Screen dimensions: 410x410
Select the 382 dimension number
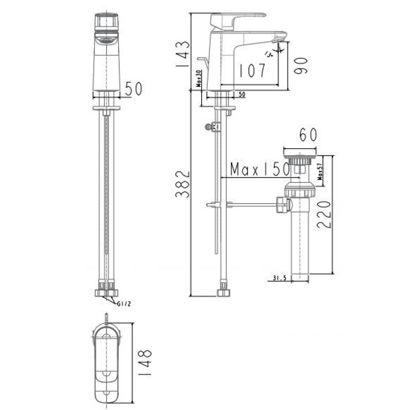pyautogui.click(x=182, y=184)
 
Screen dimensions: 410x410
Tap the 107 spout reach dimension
pyautogui.click(x=252, y=70)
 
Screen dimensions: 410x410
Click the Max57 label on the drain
pyautogui.click(x=320, y=171)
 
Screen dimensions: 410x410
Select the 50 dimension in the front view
pyautogui.click(x=134, y=89)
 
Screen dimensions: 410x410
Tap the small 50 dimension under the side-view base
pyautogui.click(x=241, y=95)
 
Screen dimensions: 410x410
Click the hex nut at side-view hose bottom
pyautogui.click(x=223, y=293)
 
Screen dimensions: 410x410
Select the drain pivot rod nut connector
pyautogui.click(x=283, y=205)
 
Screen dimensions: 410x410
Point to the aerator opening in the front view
pyautogui.click(x=106, y=41)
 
